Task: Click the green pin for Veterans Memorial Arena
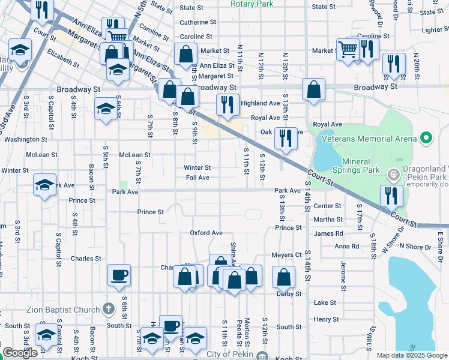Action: click(x=427, y=139)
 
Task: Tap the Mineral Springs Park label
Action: click(x=361, y=166)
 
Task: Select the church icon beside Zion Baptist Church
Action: click(x=109, y=309)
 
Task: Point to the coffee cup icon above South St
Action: click(x=170, y=325)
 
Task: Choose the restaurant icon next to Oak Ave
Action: click(x=286, y=138)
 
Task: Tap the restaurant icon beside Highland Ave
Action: click(x=226, y=104)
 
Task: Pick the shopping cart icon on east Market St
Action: click(x=347, y=49)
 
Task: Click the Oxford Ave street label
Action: click(x=206, y=233)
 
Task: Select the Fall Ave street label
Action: click(x=197, y=178)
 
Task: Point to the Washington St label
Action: click(x=26, y=139)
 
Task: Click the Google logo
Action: click(x=20, y=353)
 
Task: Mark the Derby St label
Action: click(x=289, y=294)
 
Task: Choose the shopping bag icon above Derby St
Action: click(x=283, y=277)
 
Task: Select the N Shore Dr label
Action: click(x=419, y=247)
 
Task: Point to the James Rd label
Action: click(x=328, y=233)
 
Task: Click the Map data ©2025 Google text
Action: click(x=411, y=355)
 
